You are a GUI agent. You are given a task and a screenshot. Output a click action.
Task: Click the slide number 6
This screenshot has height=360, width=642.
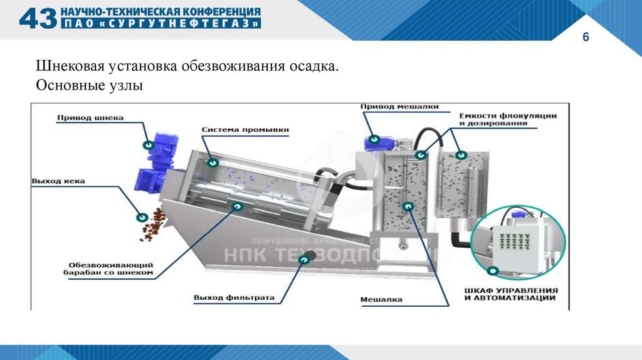[586, 38]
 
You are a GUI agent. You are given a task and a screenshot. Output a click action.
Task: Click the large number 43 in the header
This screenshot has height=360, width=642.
[38, 18]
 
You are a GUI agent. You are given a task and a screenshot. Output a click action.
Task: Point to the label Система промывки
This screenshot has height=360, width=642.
[245, 130]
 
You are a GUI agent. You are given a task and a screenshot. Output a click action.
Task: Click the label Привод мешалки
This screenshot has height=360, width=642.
[399, 107]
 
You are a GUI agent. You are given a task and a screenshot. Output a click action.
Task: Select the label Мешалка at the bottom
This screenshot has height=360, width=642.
[381, 299]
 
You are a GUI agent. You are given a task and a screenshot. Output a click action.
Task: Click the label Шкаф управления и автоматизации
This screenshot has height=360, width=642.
[511, 295]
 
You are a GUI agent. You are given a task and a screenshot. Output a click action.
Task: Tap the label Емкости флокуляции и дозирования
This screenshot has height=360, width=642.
[508, 120]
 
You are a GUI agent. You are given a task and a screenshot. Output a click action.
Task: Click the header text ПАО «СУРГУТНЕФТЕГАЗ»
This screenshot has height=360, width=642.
[160, 24]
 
